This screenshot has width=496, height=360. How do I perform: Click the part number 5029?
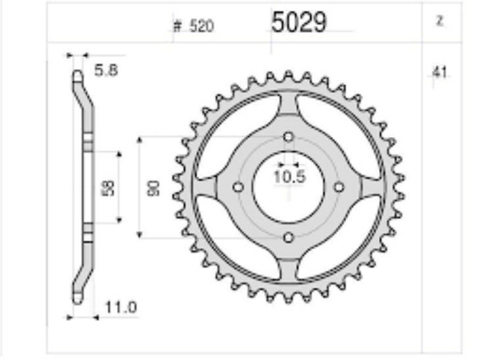(x=299, y=22)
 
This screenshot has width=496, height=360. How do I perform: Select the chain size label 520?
(x=201, y=26)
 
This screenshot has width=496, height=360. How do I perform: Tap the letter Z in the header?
(x=439, y=21)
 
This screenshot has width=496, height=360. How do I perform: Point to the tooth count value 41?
(x=440, y=72)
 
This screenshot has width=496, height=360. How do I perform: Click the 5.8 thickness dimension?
(x=106, y=70)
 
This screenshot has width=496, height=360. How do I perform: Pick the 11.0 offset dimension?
(x=121, y=307)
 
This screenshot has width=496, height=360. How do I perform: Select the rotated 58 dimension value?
(x=109, y=188)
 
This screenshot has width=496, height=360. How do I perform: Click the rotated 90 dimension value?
(x=154, y=188)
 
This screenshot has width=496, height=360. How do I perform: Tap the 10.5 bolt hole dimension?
(x=289, y=176)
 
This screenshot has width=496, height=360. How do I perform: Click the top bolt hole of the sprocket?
(x=288, y=137)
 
